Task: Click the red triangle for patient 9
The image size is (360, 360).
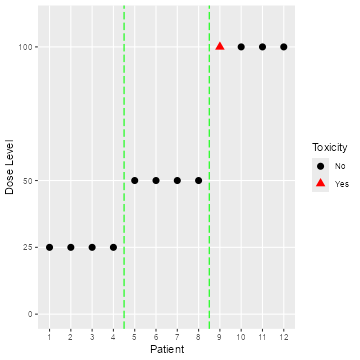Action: tap(220, 46)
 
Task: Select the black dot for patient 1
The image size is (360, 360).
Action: tap(49, 247)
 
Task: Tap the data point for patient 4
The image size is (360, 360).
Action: tap(113, 247)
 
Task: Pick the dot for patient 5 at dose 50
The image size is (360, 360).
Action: tap(135, 180)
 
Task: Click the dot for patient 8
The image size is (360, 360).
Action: tap(198, 180)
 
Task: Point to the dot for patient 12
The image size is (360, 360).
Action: tap(284, 47)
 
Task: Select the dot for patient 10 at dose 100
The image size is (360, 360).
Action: tap(241, 47)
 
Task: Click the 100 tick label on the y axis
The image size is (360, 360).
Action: tap(26, 47)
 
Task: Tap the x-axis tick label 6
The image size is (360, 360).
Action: tap(156, 337)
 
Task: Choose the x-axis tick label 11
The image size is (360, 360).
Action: tap(262, 337)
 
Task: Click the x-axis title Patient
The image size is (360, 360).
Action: tap(166, 350)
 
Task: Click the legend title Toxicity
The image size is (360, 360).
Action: tap(329, 147)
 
